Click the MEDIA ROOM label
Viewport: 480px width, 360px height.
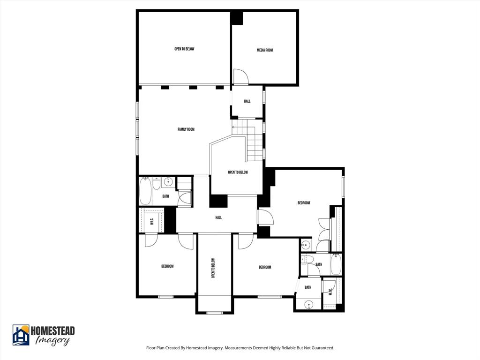point(265,50)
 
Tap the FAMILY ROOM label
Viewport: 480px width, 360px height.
point(186,129)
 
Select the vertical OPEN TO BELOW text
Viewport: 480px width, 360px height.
point(213,269)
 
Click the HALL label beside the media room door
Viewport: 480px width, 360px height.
point(247,101)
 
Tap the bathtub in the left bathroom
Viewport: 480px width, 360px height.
point(145,191)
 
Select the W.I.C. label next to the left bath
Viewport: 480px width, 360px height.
point(152,221)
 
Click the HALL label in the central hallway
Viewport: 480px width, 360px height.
point(218,217)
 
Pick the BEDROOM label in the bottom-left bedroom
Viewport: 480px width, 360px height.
point(167,266)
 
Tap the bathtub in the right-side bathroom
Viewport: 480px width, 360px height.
point(336,265)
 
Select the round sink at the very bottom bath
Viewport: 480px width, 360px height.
point(308,305)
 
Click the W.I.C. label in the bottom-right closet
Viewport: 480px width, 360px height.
point(330,292)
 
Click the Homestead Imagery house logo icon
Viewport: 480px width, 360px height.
point(21,335)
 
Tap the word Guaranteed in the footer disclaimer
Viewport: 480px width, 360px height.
point(322,348)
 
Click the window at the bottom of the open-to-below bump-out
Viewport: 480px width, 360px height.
point(215,312)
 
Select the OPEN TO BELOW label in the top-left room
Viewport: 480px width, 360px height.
point(184,49)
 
